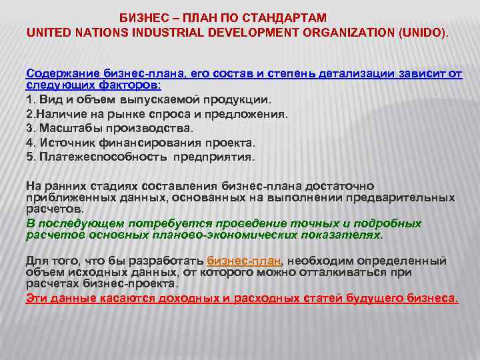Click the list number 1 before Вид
[29, 100]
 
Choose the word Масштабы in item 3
[68, 129]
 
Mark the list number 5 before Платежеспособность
[29, 157]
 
